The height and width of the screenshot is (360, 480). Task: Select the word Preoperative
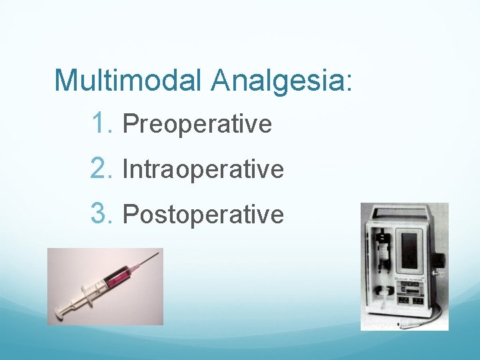pyautogui.click(x=197, y=125)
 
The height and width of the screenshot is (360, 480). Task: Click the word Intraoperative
pyautogui.click(x=203, y=169)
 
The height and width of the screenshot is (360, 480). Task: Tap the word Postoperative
pyautogui.click(x=203, y=215)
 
